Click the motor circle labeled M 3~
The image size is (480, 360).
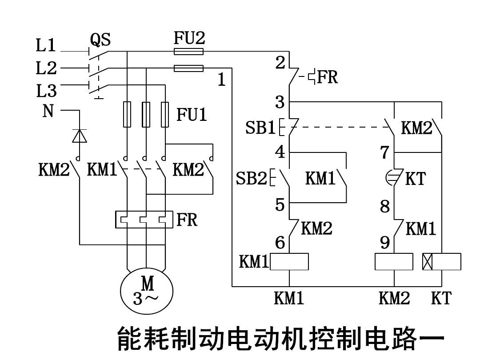(x=147, y=291)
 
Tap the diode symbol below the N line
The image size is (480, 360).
(x=80, y=136)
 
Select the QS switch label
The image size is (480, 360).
(x=100, y=40)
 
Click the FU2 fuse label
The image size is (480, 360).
(x=189, y=38)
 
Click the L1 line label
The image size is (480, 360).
(x=46, y=45)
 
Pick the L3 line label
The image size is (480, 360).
(x=46, y=91)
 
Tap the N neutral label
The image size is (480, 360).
(x=48, y=111)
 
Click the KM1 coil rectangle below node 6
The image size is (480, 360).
(x=289, y=262)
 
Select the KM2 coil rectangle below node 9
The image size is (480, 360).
(x=394, y=262)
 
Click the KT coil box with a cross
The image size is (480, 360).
(x=441, y=262)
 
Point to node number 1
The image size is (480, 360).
(x=222, y=80)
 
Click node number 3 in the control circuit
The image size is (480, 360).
(x=280, y=102)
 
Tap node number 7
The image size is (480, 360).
(x=384, y=152)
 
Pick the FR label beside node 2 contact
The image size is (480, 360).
(x=328, y=77)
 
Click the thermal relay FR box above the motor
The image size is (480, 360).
(x=144, y=220)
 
